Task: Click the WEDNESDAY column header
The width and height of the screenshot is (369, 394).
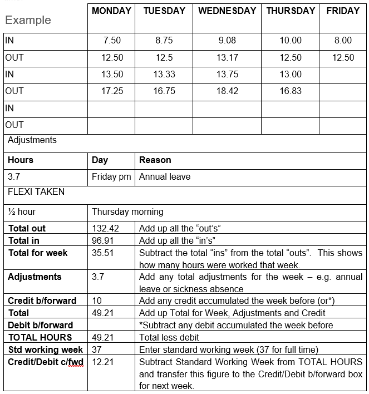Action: coord(227,11)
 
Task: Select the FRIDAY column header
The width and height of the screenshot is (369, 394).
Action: coord(343,11)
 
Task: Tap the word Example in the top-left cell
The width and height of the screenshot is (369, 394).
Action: coord(28,21)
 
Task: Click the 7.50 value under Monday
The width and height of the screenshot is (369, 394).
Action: coord(112,41)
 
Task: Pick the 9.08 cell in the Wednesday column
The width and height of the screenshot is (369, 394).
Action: coord(227,41)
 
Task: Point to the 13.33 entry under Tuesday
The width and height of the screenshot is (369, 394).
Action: coord(164,75)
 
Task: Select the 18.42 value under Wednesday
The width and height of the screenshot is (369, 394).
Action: coord(227,91)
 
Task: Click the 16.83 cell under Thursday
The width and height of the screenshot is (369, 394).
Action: coord(291,91)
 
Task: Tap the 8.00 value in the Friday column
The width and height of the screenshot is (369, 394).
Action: coord(343,41)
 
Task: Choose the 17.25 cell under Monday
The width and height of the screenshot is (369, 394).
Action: coord(112,91)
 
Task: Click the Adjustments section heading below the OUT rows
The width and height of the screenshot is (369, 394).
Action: coord(32,140)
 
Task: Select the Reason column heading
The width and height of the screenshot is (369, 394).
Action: coord(155,160)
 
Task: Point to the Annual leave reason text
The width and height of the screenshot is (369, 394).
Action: coord(165,177)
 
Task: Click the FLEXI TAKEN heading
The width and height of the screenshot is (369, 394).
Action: coord(36,192)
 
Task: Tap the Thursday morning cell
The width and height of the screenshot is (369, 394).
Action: coord(127,212)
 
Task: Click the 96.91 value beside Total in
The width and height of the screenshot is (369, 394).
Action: coord(103,241)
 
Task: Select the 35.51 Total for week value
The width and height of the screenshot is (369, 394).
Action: coord(103,253)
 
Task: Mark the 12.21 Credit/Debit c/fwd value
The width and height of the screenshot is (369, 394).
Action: coord(103,362)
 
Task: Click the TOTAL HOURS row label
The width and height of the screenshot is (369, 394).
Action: coord(40,337)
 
